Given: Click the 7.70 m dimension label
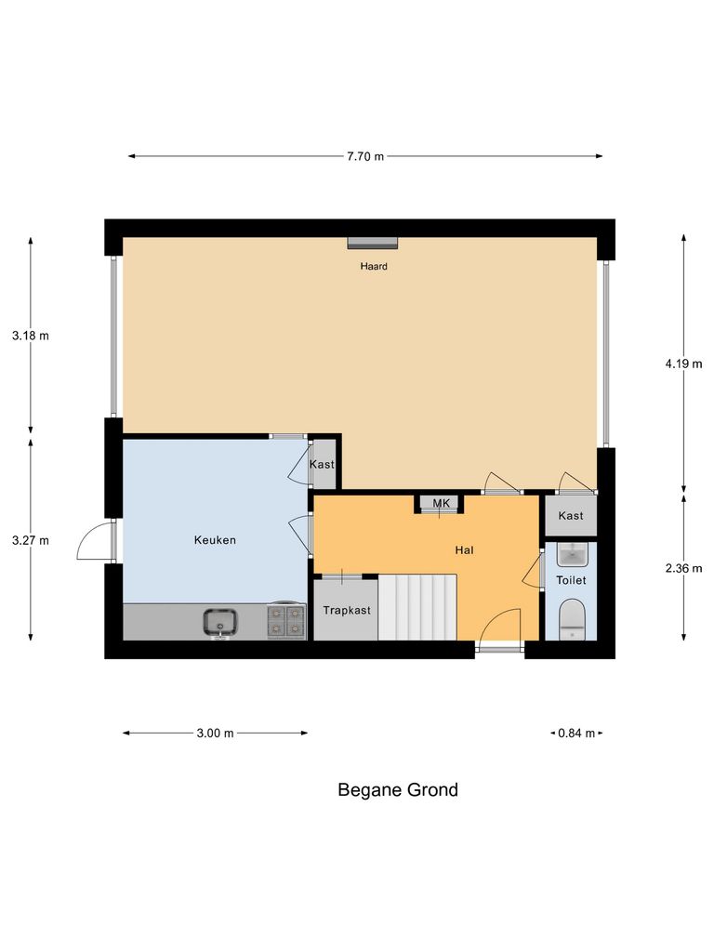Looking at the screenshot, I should coord(364,156).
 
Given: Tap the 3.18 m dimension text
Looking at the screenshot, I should coord(31,336).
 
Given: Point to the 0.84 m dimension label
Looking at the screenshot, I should coord(576,733).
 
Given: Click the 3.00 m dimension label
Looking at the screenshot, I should coord(215,733).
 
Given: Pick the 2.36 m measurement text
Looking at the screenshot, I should coord(683,568).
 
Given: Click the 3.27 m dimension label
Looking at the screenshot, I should coord(31,539).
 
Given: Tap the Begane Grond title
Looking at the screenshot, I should coord(397,790).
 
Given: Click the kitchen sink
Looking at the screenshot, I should coord(221,621).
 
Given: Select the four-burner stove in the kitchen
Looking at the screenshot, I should coord(286,621).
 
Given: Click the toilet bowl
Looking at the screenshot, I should coord(571,620).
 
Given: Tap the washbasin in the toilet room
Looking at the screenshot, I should coord(571,555).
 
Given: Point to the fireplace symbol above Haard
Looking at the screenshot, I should coord(373,244).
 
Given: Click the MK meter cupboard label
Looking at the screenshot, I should coord(441,503).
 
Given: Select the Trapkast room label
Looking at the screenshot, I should coord(346,611).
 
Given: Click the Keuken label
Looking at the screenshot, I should coord(215,539).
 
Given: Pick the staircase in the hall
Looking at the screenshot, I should coord(418,607).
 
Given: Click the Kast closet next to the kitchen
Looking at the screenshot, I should coord(322,464).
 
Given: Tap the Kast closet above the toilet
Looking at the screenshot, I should coord(571,515).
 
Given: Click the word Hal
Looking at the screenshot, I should coord(465,550).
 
